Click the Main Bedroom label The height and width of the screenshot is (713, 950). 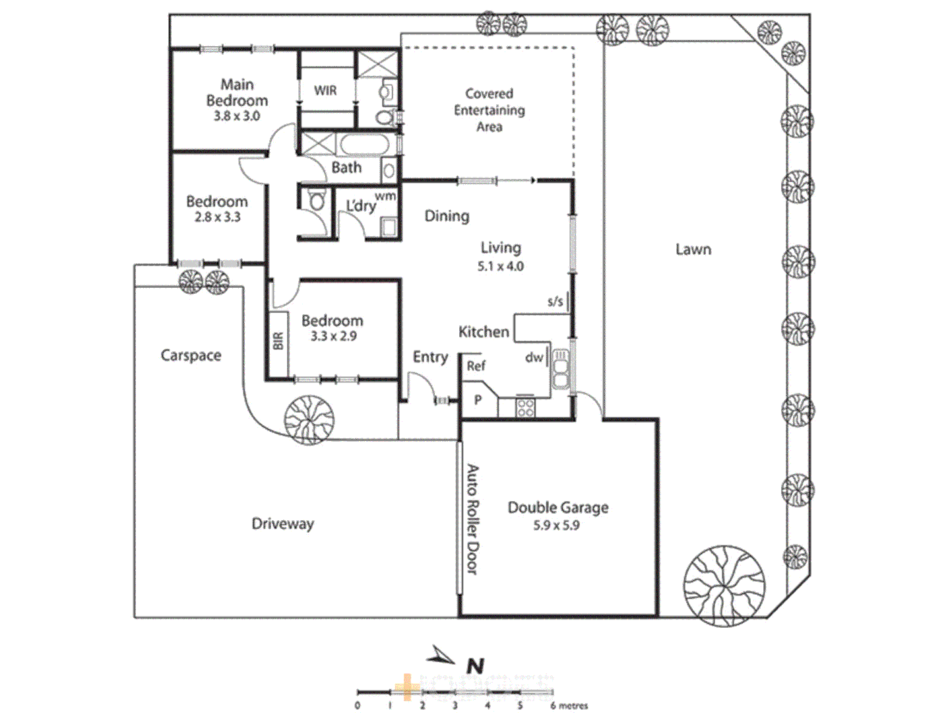[237, 92]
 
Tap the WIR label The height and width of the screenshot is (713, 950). [325, 90]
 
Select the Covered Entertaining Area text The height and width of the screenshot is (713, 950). [489, 110]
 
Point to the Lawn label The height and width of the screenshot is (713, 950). [693, 250]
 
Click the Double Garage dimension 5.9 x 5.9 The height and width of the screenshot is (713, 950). [556, 526]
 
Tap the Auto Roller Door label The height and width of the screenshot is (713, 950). [473, 519]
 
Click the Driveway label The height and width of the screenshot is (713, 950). [282, 524]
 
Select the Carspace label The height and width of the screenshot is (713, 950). [191, 355]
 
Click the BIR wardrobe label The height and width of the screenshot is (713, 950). [278, 341]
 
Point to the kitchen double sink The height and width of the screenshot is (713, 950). [560, 370]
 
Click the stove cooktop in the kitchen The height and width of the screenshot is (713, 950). [525, 408]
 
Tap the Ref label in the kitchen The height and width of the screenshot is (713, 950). [476, 366]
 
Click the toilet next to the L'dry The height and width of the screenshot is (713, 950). [317, 200]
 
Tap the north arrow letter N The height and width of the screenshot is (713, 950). [475, 666]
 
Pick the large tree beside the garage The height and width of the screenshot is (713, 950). [724, 585]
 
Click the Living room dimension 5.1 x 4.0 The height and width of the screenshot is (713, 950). [500, 267]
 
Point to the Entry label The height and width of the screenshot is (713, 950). [430, 357]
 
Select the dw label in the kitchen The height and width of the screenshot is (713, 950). [534, 357]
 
